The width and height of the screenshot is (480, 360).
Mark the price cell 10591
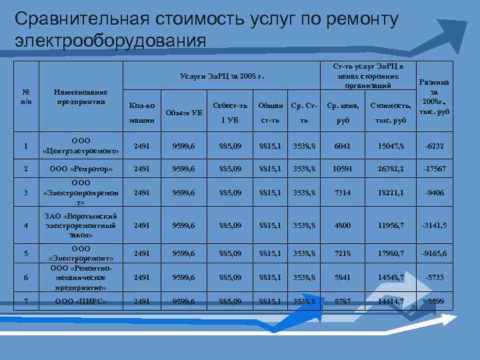click(x=341, y=169)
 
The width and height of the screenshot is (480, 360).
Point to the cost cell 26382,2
click(x=390, y=169)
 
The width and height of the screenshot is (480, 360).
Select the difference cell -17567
click(x=433, y=169)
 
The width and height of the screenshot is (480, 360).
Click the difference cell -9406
click(x=433, y=193)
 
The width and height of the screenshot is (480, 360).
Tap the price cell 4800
click(x=341, y=225)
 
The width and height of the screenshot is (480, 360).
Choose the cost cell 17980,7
click(x=390, y=253)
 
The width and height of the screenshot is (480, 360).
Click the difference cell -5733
click(x=433, y=277)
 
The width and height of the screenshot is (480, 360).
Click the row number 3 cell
click(x=25, y=193)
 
